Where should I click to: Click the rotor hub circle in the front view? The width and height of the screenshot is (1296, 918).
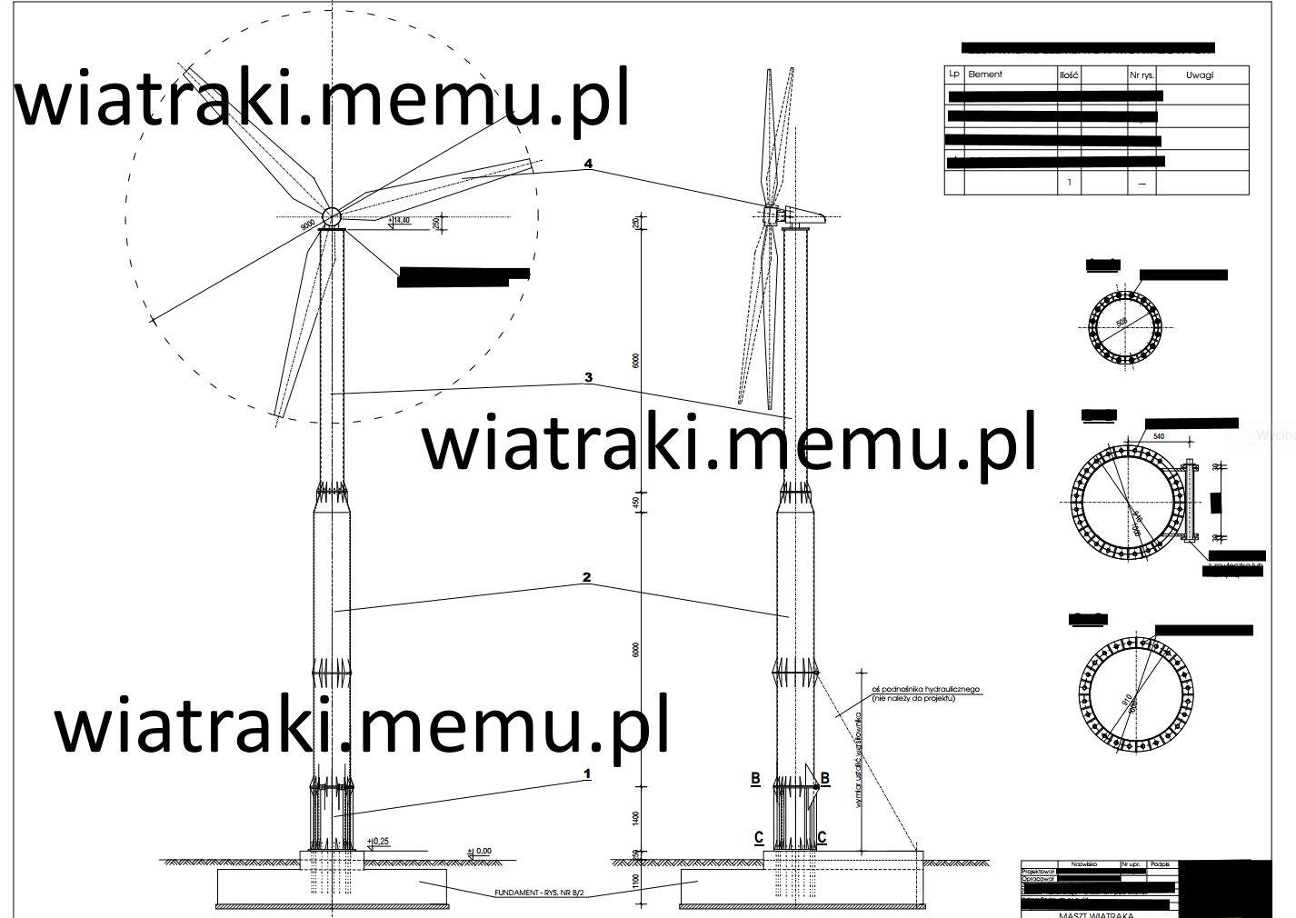pos(332,216)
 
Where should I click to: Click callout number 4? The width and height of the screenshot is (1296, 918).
pos(588,164)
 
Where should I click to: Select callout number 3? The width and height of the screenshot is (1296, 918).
pos(588,377)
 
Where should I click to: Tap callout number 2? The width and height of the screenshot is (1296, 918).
pos(586,577)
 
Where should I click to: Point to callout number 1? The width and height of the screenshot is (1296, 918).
pos(586,774)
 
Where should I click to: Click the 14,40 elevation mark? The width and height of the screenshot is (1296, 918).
pos(401,220)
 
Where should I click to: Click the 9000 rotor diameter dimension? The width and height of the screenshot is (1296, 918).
pos(308,223)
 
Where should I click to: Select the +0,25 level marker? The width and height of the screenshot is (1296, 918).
pos(380,842)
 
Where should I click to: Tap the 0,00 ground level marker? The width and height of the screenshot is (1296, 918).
pos(482,852)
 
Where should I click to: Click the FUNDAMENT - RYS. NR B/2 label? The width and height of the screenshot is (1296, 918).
pos(539,893)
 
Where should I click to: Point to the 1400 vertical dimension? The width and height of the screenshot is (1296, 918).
pos(635,819)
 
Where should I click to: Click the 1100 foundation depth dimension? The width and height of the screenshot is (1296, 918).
pos(635,882)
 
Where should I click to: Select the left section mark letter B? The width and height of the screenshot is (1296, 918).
pos(755,779)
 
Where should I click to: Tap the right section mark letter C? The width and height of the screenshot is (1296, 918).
pos(822,838)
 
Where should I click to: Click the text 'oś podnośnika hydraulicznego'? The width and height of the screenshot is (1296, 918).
pos(925,690)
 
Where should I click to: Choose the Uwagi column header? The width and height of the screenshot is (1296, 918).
pos(1200,75)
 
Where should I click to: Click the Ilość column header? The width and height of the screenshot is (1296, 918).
pos(1069,75)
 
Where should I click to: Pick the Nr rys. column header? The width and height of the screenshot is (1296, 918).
pos(1141,75)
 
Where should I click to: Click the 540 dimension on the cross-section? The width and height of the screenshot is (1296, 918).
pos(1159,436)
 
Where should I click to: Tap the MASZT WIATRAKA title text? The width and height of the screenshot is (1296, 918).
pos(1096,914)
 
